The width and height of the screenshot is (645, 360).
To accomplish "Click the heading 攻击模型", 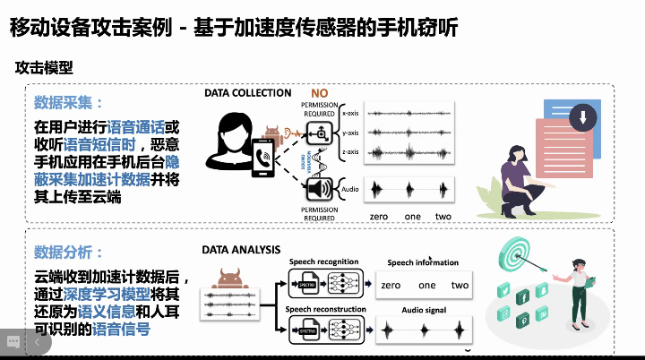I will (x=44, y=66).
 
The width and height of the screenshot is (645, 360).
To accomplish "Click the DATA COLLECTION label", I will (x=248, y=92).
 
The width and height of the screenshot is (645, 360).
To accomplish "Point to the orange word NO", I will (x=320, y=93).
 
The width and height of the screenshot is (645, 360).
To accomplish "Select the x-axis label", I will (x=350, y=114).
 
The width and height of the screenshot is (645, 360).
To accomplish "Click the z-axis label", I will (x=350, y=152).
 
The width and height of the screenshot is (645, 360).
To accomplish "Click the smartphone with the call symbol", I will (x=266, y=158).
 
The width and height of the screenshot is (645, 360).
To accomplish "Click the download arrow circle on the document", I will (x=583, y=117).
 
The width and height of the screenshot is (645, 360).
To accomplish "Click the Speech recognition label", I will (x=322, y=261).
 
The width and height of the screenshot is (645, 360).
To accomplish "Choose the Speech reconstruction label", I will (x=325, y=309).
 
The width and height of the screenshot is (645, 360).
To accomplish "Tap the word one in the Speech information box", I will (x=426, y=285).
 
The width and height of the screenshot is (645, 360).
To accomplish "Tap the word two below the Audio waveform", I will (x=443, y=217).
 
